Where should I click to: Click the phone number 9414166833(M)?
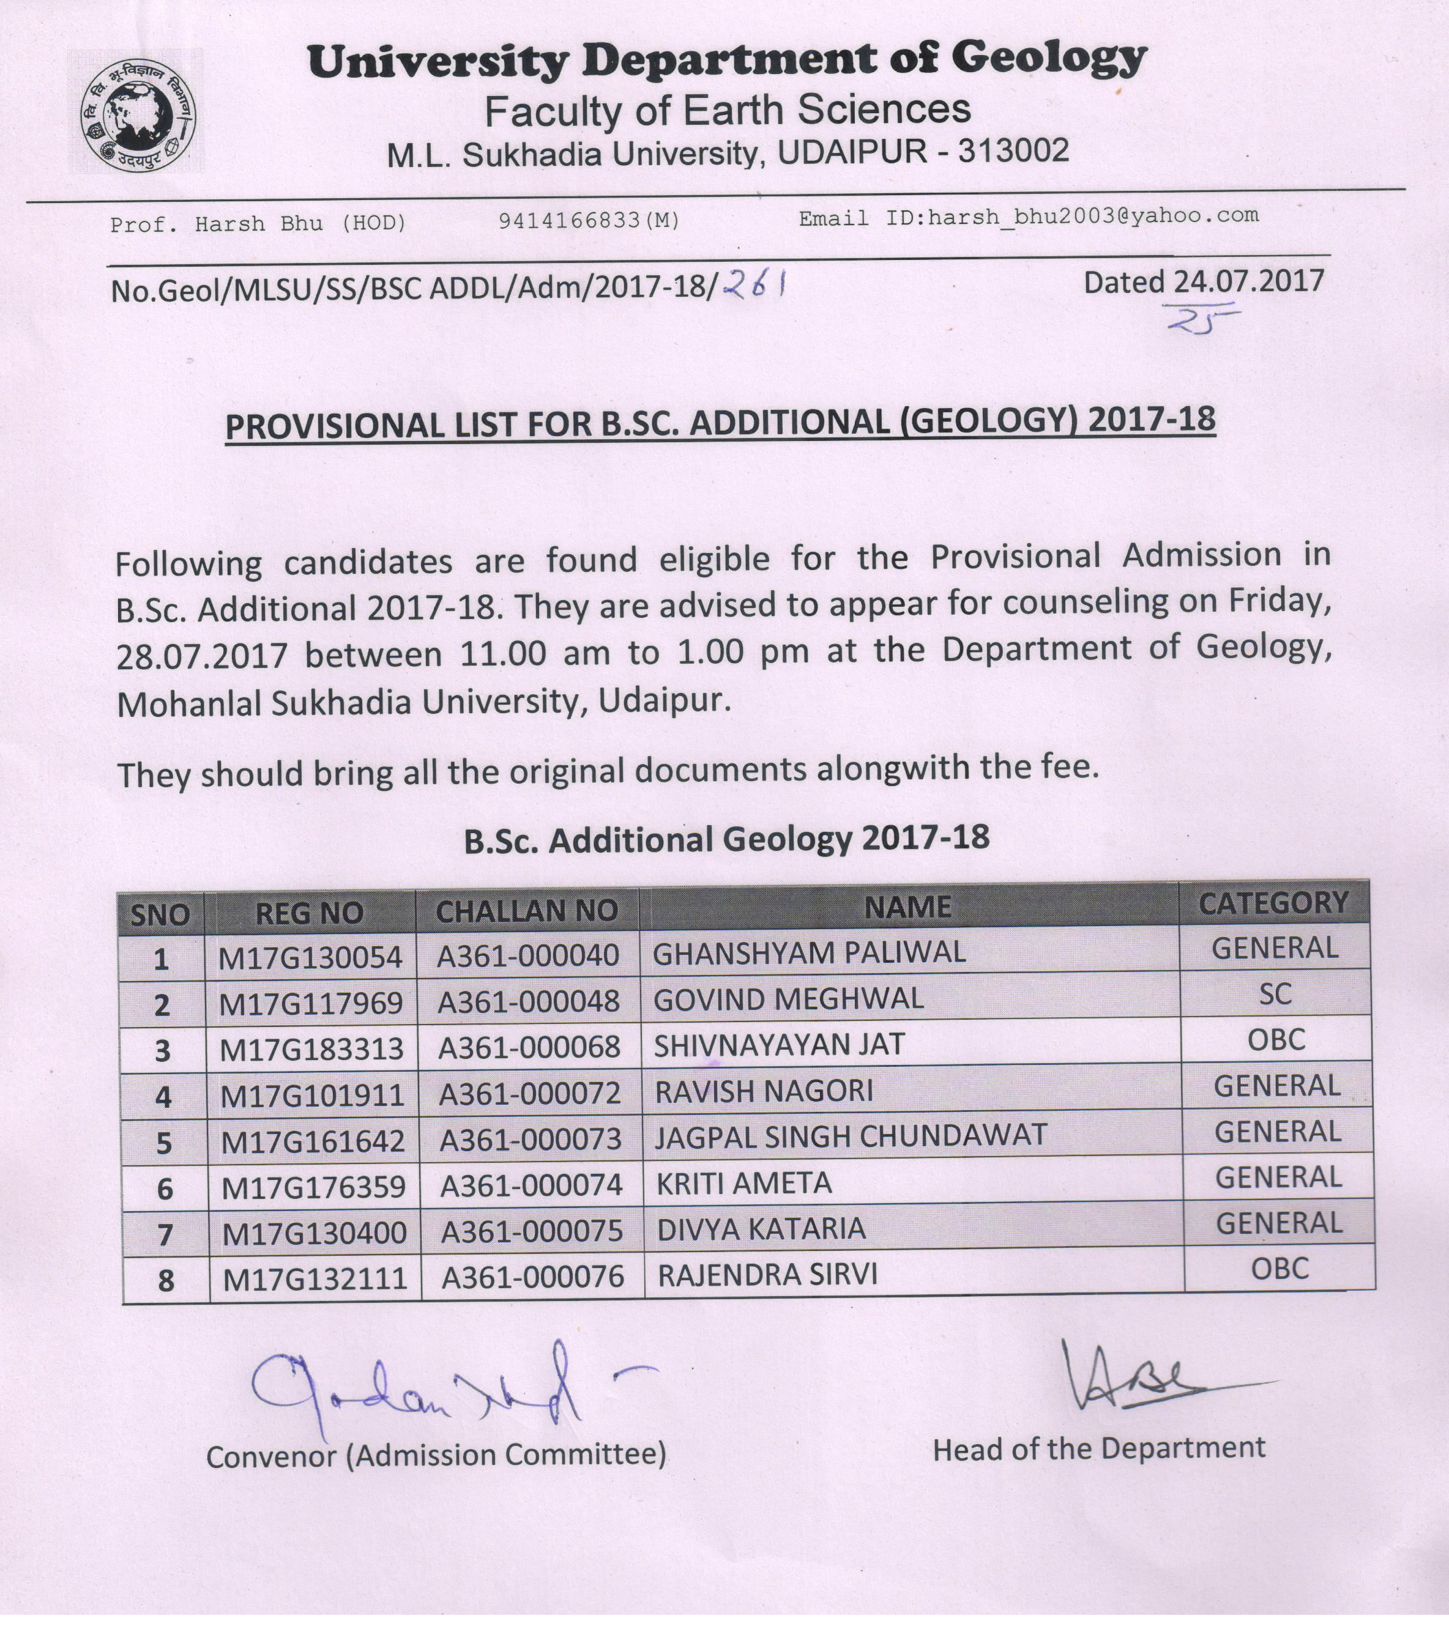click(589, 221)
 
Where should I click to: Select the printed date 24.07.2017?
click(1249, 281)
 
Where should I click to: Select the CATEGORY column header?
click(1273, 903)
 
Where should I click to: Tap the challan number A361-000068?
click(529, 1047)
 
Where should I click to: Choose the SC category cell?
click(1275, 995)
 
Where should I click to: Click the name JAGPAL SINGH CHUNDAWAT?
click(851, 1136)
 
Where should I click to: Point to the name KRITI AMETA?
click(744, 1183)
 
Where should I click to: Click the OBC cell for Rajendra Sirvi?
click(1280, 1269)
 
